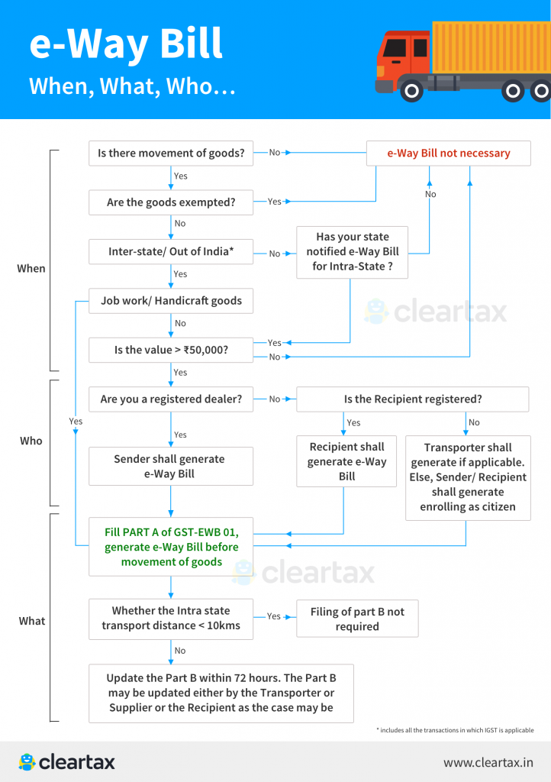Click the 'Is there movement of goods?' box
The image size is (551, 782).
coord(171,153)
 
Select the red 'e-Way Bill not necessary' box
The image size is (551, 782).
coord(448,153)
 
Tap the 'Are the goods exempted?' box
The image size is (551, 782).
coord(171,202)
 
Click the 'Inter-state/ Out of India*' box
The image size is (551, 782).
coord(171,252)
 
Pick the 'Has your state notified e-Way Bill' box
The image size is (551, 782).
coord(352,252)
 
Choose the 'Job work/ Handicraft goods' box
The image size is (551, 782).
coord(171,301)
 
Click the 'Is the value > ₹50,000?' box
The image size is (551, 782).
coord(171,351)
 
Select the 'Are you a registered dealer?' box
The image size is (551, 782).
coord(171,399)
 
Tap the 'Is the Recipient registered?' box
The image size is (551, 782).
coord(412,399)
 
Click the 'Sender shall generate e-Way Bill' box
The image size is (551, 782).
coord(171,467)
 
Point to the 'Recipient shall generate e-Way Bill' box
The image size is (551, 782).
coord(346,461)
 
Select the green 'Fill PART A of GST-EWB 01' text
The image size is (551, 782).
coord(171,547)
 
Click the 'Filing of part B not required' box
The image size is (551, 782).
coord(357,619)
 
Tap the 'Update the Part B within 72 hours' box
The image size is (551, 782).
coord(221,693)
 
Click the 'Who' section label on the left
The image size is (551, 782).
coord(31,441)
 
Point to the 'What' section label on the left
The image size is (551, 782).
coord(32,621)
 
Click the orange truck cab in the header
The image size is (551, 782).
coord(402,57)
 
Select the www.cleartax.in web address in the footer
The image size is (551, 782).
coord(488,762)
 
